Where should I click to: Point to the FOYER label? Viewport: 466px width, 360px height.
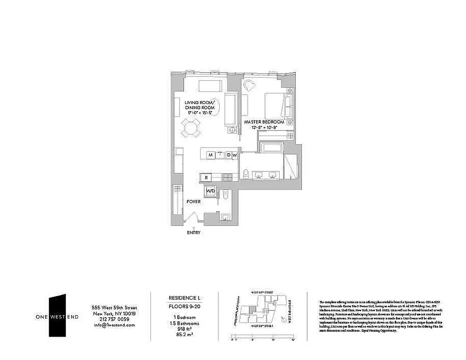click(x=194, y=202)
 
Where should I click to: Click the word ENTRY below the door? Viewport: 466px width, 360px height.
click(x=194, y=233)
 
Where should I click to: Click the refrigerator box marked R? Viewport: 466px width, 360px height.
click(x=206, y=177)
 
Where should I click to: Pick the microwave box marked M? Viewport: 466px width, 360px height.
click(x=210, y=155)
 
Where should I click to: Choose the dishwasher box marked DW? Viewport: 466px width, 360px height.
click(x=231, y=155)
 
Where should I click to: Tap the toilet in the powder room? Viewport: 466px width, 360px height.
click(x=226, y=194)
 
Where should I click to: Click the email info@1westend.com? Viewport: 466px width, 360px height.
click(x=114, y=324)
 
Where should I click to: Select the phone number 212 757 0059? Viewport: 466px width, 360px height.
click(x=114, y=319)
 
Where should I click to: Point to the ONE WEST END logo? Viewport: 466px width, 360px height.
click(x=58, y=317)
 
